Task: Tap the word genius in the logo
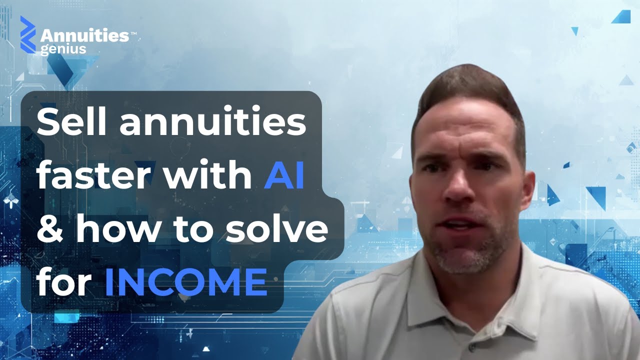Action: [63, 49]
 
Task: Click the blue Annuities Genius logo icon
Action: [28, 34]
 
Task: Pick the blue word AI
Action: [284, 176]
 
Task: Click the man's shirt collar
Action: [530, 280]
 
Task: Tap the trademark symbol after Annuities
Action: [133, 33]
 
